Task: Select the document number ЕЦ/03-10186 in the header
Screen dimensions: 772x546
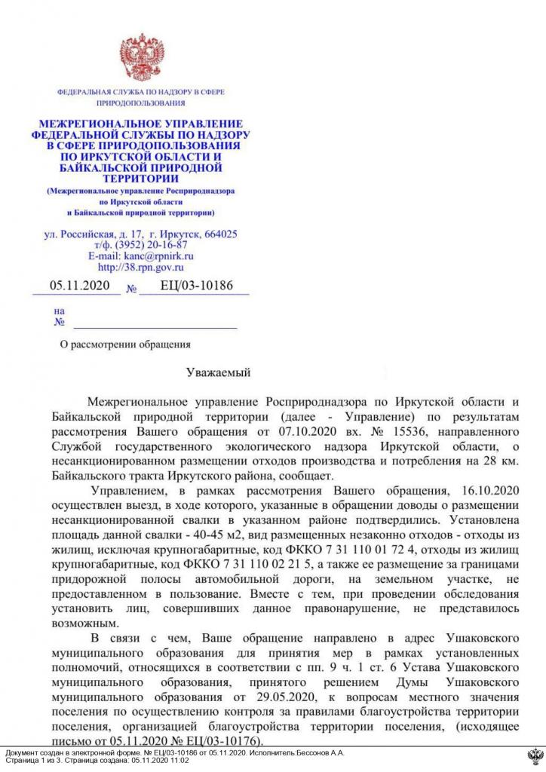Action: pyautogui.click(x=197, y=286)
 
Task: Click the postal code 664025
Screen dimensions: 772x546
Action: pyautogui.click(x=220, y=234)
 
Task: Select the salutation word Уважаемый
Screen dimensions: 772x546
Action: pyautogui.click(x=217, y=372)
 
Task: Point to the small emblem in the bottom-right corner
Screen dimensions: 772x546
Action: pyautogui.click(x=535, y=757)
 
